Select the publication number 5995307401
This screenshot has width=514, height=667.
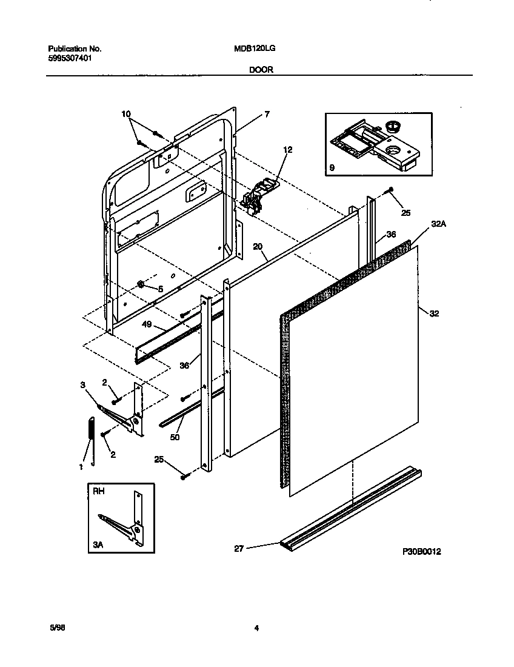pyautogui.click(x=70, y=58)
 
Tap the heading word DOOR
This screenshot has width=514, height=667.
pyautogui.click(x=261, y=70)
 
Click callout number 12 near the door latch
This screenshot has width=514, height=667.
pyautogui.click(x=287, y=149)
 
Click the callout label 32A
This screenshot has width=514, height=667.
pyautogui.click(x=439, y=224)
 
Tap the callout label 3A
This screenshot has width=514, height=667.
pyautogui.click(x=99, y=545)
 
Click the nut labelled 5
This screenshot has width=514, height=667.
pyautogui.click(x=139, y=284)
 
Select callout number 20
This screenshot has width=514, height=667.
pyautogui.click(x=258, y=247)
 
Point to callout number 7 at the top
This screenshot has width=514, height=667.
pyautogui.click(x=266, y=114)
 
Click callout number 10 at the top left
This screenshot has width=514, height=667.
pyautogui.click(x=126, y=113)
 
